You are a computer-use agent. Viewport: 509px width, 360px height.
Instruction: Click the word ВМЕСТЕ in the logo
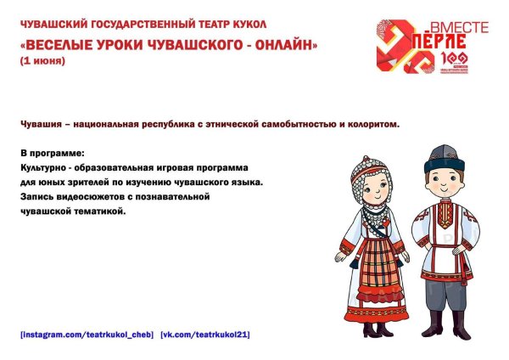tap(461, 28)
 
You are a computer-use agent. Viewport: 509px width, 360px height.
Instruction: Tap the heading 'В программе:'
tap(52, 154)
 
